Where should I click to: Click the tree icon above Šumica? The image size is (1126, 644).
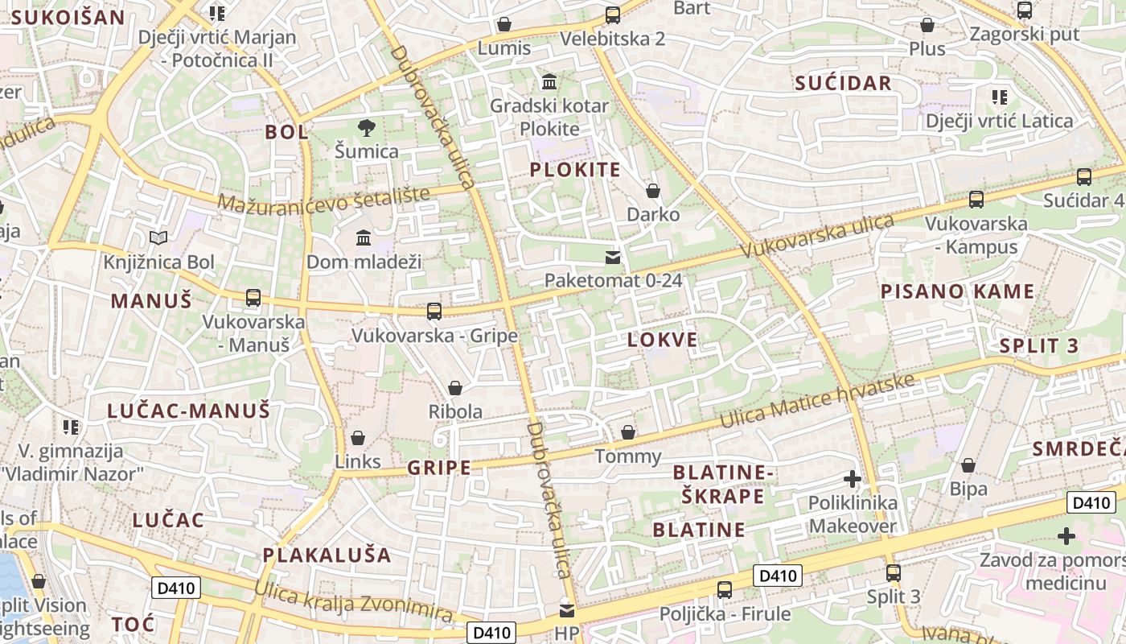click(x=367, y=126)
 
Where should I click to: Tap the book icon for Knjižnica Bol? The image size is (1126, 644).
click(x=159, y=237)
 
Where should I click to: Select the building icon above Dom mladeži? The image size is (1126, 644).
click(x=364, y=237)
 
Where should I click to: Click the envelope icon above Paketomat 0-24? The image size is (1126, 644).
click(x=613, y=257)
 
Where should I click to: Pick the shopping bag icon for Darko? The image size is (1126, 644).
click(x=653, y=191)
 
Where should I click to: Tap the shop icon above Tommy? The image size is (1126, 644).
click(x=628, y=432)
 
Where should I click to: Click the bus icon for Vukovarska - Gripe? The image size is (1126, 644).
click(x=434, y=311)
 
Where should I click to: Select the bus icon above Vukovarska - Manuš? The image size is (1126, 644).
click(x=253, y=298)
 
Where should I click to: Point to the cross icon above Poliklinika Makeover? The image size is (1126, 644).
click(x=853, y=479)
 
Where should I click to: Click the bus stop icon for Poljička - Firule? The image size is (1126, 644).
click(x=725, y=590)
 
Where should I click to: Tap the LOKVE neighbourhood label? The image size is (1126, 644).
click(x=663, y=340)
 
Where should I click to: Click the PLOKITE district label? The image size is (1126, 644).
click(x=575, y=170)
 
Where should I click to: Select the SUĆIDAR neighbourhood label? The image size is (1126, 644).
click(x=843, y=83)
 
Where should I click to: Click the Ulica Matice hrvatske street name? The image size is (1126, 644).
click(x=817, y=401)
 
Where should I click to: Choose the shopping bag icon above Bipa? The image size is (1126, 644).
click(x=968, y=465)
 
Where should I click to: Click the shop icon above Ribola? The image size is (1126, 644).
click(x=455, y=388)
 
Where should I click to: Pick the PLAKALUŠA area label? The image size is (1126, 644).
click(x=327, y=555)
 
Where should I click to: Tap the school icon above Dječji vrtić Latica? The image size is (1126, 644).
click(x=1000, y=97)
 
